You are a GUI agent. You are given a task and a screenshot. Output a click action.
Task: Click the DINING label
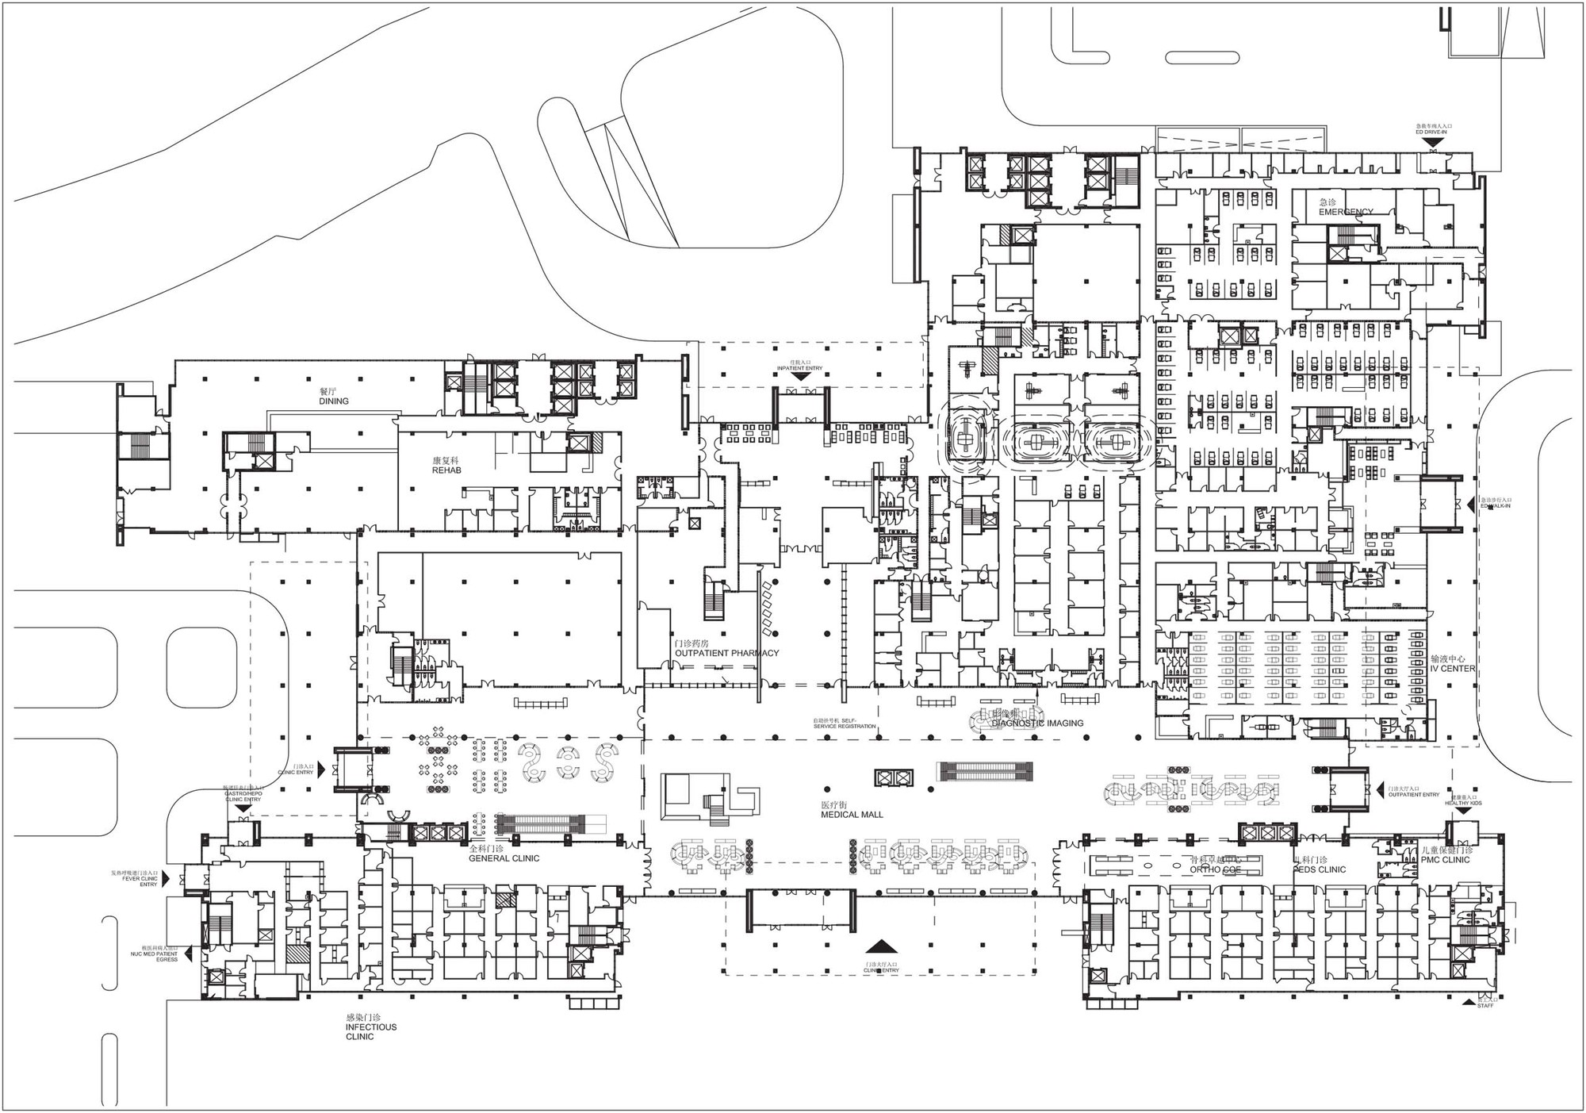[334, 401]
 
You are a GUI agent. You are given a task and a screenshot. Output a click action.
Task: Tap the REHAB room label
[446, 470]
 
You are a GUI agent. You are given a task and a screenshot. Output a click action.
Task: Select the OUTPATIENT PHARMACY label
[726, 654]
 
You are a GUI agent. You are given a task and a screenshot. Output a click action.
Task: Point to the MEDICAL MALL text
[852, 815]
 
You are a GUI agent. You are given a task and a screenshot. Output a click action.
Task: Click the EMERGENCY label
[1346, 212]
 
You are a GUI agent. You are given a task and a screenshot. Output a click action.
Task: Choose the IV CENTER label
[1453, 669]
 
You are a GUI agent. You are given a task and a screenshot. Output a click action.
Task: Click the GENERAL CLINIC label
[504, 858]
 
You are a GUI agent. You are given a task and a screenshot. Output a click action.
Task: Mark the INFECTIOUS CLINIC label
[370, 1031]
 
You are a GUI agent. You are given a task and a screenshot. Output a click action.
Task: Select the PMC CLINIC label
[1445, 860]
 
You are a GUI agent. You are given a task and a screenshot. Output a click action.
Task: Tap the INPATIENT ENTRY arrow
[800, 376]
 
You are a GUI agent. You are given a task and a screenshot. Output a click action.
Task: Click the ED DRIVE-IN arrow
[1432, 149]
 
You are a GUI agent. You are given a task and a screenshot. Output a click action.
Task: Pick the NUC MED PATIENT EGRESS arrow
[189, 954]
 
